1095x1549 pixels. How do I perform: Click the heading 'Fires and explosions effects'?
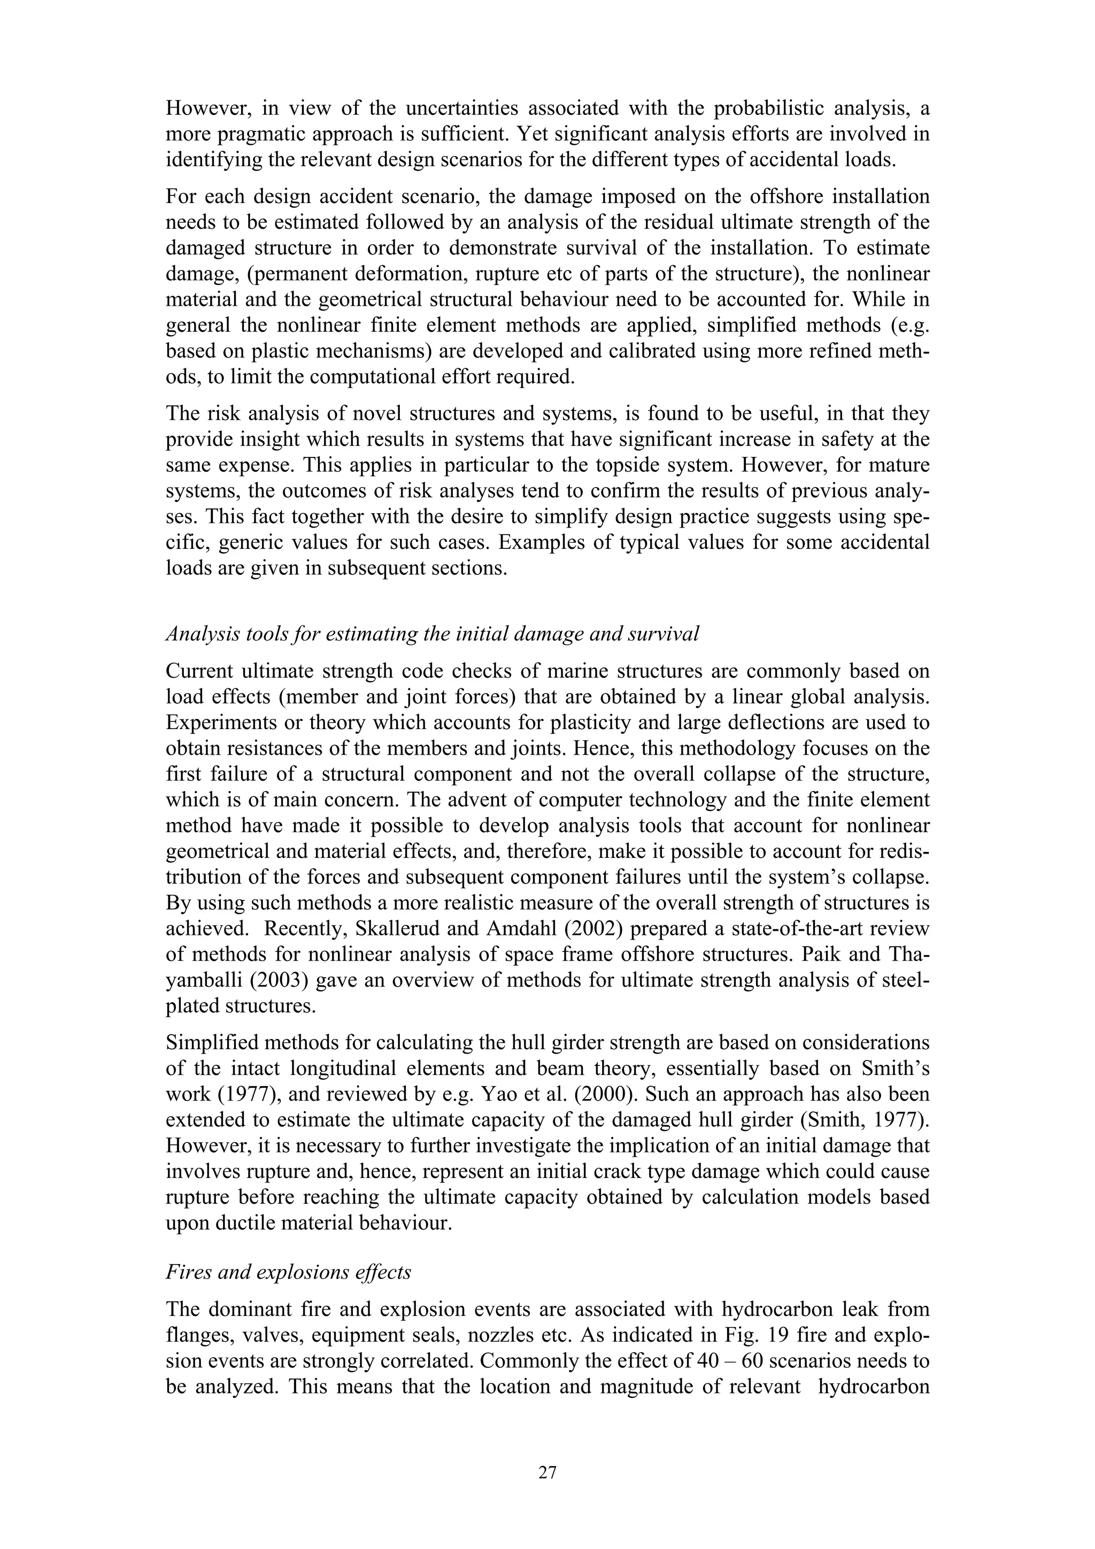289,1272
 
